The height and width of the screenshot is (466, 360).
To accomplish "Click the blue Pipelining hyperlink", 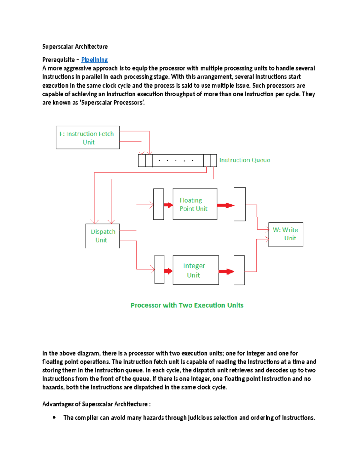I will coord(94,60).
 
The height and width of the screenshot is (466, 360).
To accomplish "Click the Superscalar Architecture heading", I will coord(75,47).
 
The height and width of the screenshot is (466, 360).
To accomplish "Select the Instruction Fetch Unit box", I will coord(88,137).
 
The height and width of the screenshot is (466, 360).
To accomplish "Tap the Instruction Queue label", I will coord(244,160).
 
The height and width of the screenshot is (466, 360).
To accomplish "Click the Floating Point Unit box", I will coord(195,204).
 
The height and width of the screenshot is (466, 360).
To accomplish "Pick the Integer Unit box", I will coord(196,270).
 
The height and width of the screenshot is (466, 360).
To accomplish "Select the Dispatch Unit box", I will coord(103,236).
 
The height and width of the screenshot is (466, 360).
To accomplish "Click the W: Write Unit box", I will coord(286,234).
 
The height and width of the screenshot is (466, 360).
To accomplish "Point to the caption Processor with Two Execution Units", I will coord(187,305).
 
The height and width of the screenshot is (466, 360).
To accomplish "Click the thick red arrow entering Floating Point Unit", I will coord(168,205).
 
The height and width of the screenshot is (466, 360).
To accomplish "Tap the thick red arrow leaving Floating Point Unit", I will coord(226,206).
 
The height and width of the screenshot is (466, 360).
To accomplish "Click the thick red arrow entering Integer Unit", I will coord(168,271).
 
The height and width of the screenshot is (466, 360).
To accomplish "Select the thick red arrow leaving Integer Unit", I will coord(226,272).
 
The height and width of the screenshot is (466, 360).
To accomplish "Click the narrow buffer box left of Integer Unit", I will coord(159,269).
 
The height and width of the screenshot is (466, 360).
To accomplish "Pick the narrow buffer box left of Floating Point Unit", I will coord(158,204).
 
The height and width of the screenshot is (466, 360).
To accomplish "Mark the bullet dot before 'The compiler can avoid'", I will coord(54,417).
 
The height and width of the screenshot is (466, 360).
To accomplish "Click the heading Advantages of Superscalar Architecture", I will coord(96,404).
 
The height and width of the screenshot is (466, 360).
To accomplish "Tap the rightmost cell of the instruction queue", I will coord(214,161).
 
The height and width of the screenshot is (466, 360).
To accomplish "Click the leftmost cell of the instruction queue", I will coord(142,161).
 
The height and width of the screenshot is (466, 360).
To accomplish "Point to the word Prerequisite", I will coord(58,60).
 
